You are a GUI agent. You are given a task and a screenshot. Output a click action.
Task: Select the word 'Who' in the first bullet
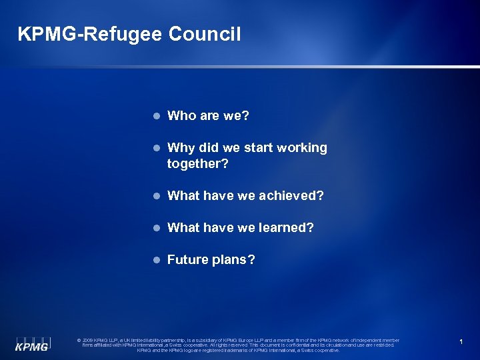pos(181,116)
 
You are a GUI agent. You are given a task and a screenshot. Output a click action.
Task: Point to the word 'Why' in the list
pos(180,148)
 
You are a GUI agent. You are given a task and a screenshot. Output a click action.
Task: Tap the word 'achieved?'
pos(292,196)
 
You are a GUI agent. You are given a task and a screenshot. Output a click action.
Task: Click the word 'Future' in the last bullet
pos(187,260)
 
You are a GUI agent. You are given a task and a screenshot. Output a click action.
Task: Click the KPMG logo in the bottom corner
pos(33,343)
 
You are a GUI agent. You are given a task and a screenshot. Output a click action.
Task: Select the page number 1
pos(461,342)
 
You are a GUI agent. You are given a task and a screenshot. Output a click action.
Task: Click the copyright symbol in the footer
pos(79,340)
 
